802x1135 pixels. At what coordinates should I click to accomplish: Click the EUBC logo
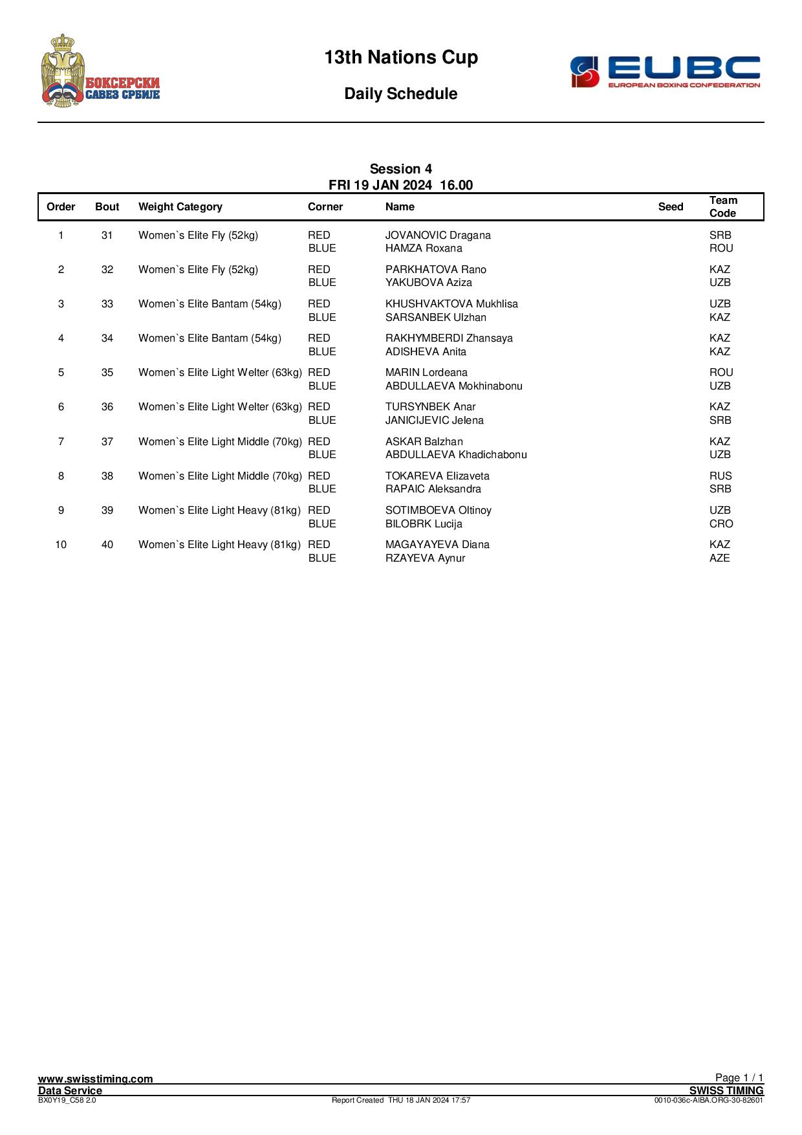[665, 71]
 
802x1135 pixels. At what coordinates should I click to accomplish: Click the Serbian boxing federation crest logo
[100, 71]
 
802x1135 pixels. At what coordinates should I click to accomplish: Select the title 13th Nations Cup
[401, 58]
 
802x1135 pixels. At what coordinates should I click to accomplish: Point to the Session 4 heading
[401, 170]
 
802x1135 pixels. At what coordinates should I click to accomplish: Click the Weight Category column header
[180, 207]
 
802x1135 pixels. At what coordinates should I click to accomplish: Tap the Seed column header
[670, 207]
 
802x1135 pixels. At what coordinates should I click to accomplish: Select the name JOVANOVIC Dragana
[438, 236]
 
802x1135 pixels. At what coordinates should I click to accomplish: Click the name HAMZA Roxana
[424, 248]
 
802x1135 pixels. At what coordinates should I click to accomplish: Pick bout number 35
[107, 373]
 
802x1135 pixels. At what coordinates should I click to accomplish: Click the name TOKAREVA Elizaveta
[437, 476]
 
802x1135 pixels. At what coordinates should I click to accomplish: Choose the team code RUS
[721, 476]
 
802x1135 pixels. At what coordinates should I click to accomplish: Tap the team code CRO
[721, 524]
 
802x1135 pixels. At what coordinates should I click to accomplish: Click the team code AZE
[720, 558]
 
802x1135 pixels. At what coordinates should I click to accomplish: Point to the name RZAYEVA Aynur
[425, 558]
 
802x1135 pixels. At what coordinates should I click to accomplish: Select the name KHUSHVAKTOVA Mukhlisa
[451, 304]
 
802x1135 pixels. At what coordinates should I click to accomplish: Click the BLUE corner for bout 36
[322, 421]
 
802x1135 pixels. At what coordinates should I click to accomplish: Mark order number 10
[61, 545]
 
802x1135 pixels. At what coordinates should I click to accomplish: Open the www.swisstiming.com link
[96, 1079]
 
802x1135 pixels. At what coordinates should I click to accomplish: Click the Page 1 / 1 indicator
[739, 1077]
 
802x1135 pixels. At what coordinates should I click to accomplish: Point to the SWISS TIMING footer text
[726, 1090]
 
